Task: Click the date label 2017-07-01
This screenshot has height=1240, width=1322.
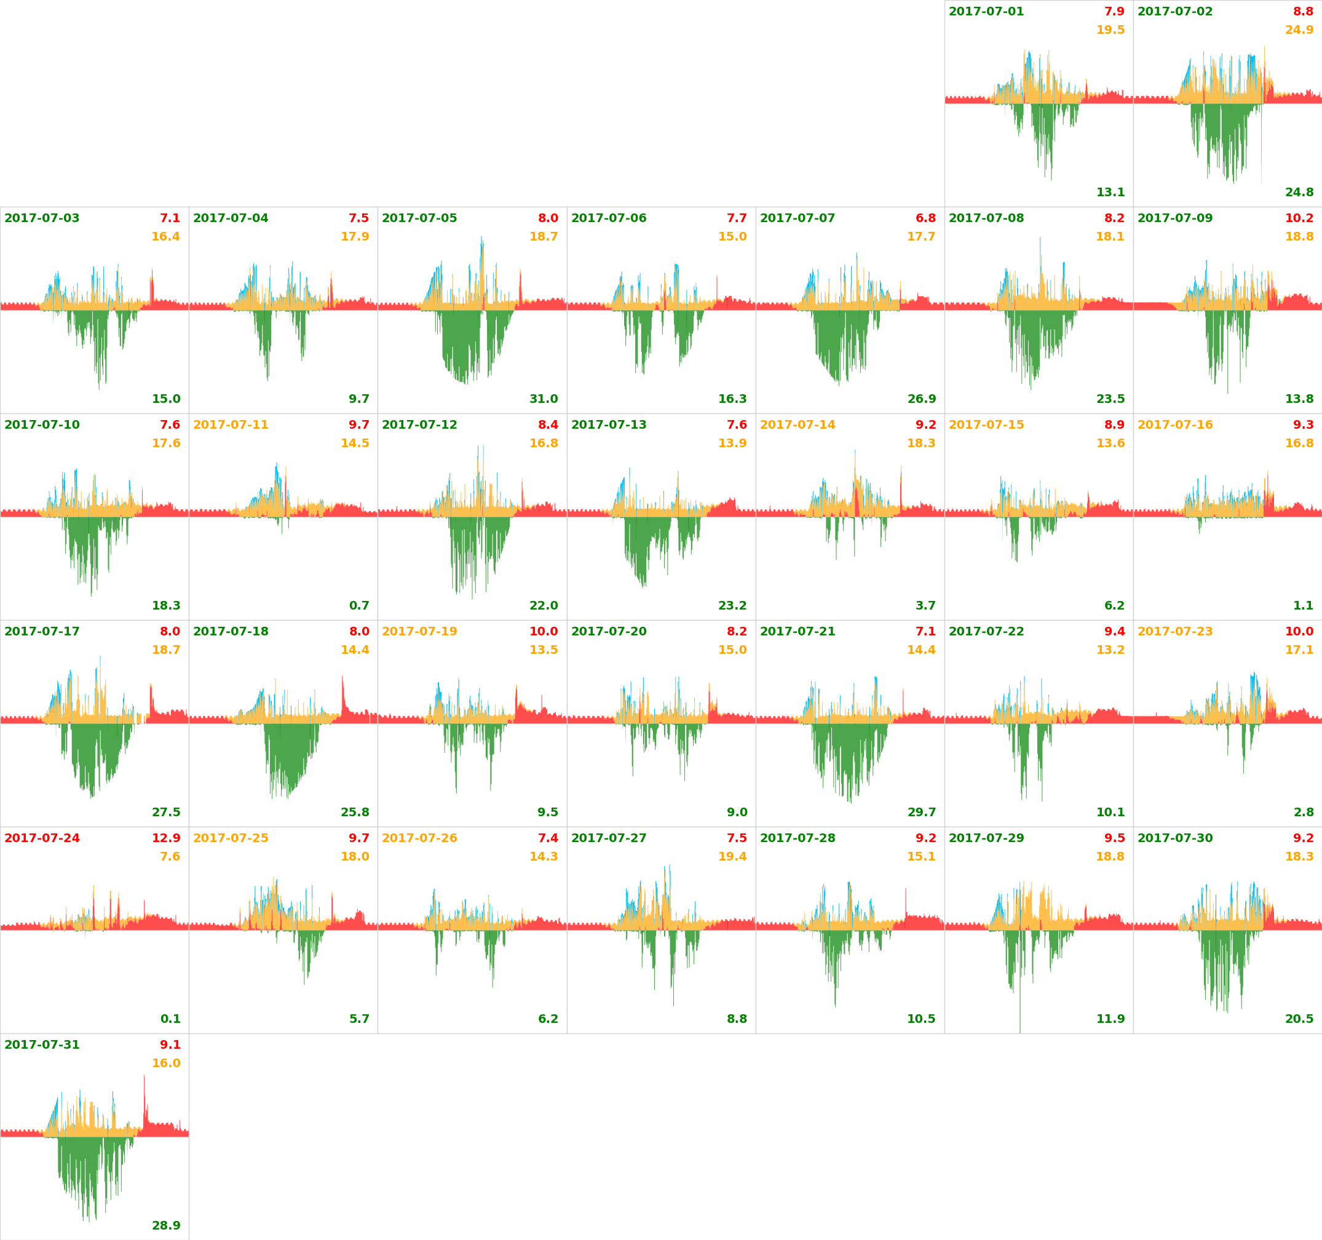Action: pos(986,11)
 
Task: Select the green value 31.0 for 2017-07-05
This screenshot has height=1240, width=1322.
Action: pos(544,399)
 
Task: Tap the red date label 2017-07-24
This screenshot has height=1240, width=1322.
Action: pos(42,838)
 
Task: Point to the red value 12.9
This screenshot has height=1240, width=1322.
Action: pos(165,838)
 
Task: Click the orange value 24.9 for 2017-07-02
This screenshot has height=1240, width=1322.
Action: pos(1299,30)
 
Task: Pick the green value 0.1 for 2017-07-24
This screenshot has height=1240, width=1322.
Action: pos(170,1019)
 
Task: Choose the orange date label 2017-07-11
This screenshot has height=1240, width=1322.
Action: pos(231,425)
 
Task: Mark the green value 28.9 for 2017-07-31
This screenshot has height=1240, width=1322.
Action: pos(165,1225)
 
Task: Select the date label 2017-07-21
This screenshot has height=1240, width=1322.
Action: pos(798,631)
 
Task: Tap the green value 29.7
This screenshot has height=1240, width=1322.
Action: pos(921,813)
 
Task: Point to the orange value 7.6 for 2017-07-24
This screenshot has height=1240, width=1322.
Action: pos(170,856)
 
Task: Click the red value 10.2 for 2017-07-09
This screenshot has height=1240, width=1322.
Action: pos(1299,218)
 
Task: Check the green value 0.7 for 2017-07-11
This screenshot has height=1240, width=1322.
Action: pos(359,605)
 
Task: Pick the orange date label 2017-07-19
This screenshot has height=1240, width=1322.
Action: pos(419,631)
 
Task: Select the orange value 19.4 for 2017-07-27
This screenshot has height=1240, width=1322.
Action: pos(732,856)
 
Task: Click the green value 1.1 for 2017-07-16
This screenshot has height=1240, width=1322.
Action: pos(1303,605)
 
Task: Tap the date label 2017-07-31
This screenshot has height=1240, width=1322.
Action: pos(42,1044)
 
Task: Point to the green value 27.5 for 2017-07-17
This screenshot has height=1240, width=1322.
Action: pos(165,813)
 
